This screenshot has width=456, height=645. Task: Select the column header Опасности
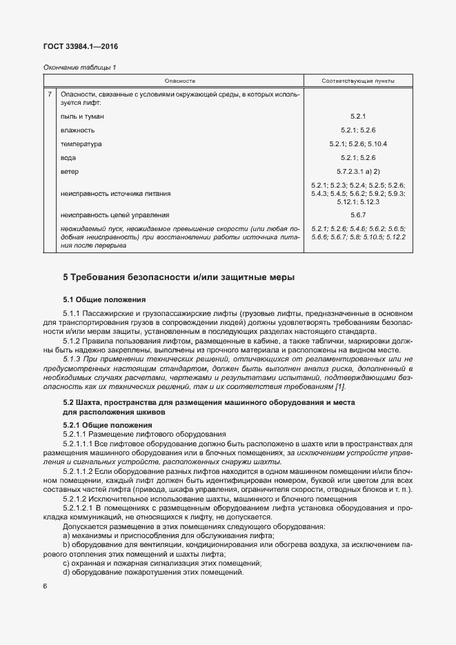tap(181, 81)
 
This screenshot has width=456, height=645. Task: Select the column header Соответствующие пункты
tap(358, 81)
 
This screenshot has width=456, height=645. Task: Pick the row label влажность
tap(78, 130)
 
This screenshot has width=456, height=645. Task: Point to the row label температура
tap(81, 143)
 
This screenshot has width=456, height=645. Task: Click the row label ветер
tap(70, 170)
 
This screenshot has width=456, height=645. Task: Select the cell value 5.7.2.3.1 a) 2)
tap(358, 170)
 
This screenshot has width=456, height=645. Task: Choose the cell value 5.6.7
tap(358, 215)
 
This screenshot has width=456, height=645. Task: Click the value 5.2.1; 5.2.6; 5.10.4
tap(358, 143)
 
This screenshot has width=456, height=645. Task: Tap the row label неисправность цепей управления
tap(115, 215)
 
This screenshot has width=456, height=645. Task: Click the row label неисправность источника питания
tap(115, 194)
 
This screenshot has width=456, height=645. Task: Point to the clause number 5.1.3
tap(72, 359)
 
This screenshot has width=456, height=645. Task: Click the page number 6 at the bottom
tap(45, 586)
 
